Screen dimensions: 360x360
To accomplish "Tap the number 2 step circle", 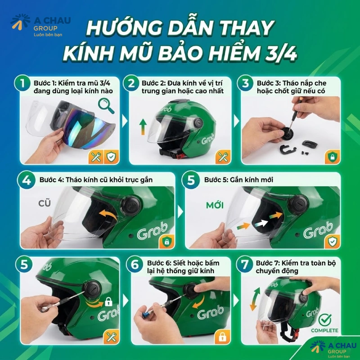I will pyautogui.click(x=131, y=84).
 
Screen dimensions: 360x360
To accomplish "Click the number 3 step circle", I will pyautogui.click(x=245, y=84).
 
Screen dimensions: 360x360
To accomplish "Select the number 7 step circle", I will pyautogui.click(x=245, y=264).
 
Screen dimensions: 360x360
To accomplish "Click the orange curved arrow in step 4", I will pyautogui.click(x=108, y=215).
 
